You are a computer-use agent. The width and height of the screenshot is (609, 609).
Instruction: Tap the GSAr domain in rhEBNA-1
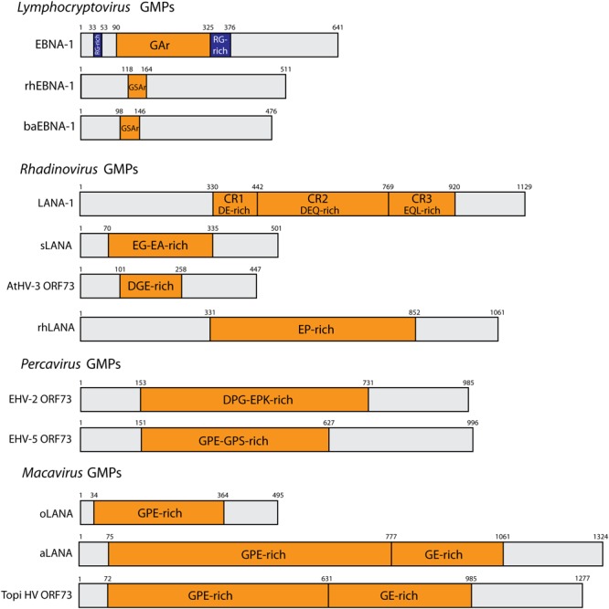pos(137,86)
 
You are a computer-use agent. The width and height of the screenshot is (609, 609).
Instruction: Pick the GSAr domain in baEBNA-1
pos(130,129)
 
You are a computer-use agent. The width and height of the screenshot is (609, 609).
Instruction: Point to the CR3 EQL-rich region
pos(422,204)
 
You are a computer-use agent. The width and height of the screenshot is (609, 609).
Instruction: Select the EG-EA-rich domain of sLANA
pos(160,245)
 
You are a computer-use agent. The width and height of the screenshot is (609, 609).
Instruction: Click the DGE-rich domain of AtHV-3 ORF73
pos(150,286)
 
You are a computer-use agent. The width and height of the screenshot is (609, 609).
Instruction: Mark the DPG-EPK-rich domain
pos(254,400)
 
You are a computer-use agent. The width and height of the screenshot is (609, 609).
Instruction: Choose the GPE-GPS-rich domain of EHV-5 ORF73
pos(235,439)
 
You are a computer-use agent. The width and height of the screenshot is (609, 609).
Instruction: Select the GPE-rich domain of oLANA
pos(159,512)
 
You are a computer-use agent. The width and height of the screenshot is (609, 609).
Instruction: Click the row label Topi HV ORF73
pos(37,595)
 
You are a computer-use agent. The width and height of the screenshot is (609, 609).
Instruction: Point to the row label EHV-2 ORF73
pos(44,400)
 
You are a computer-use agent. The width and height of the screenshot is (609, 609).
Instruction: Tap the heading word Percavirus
pos(50,363)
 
